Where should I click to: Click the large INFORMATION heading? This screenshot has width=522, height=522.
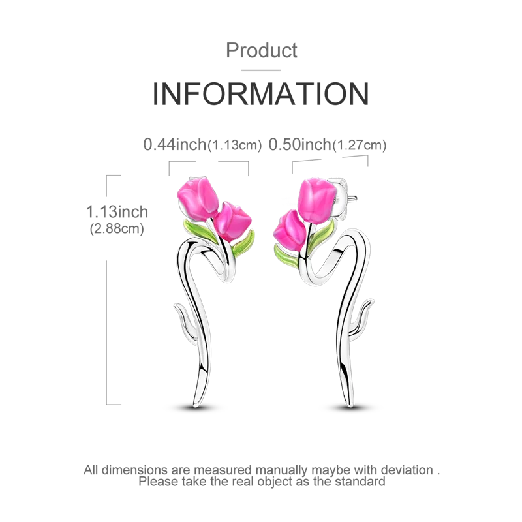pos(260,95)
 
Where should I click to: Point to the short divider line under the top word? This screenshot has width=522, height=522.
pos(260,69)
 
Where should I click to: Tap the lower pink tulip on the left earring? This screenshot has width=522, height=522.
pos(234,221)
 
